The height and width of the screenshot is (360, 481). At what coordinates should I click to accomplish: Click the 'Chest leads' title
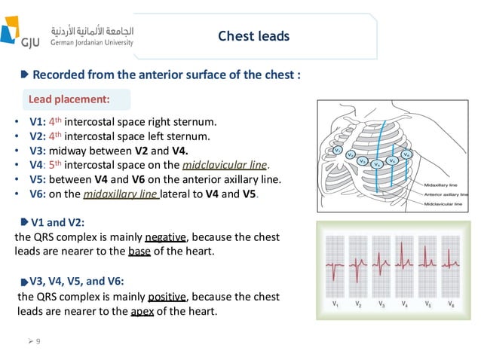[253, 36]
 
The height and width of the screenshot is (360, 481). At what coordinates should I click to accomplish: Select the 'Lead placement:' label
[69, 99]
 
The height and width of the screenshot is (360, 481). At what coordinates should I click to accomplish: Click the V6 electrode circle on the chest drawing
[406, 154]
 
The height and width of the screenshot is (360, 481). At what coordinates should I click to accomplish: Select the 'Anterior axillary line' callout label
[449, 194]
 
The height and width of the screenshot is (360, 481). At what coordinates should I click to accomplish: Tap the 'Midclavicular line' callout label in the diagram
[446, 204]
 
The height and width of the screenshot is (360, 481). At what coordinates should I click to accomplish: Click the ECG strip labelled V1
[335, 267]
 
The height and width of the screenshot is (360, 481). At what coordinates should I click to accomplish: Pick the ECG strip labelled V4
[405, 267]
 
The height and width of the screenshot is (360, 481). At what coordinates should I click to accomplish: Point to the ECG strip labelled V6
[451, 267]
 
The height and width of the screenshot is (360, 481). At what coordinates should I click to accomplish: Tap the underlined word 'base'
[139, 251]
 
